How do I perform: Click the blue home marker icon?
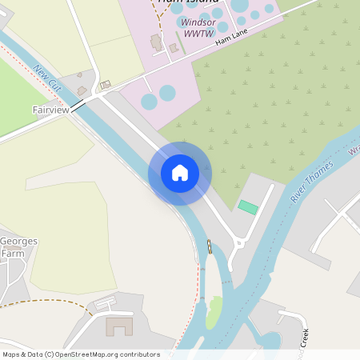[x=179, y=172]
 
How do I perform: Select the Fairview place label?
[x=51, y=110]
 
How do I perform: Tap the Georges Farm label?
[x=18, y=247]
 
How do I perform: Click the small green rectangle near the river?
[x=248, y=207]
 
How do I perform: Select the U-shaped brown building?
[x=120, y=326]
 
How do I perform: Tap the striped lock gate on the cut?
[x=210, y=246]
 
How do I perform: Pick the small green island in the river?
[x=214, y=312]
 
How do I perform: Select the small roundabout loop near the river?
[x=236, y=243]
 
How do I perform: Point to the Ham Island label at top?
[x=171, y=2]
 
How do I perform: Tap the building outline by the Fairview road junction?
[x=105, y=84]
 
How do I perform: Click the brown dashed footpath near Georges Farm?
[x=48, y=302]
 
